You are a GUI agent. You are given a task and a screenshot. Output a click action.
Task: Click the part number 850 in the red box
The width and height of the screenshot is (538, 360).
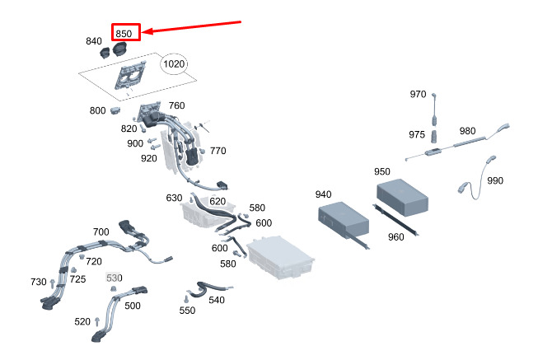tap(124, 34)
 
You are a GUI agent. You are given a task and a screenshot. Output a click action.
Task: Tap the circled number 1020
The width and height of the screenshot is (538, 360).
tap(174, 63)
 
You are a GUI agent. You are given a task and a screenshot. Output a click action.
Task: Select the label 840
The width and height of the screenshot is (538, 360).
tap(94, 41)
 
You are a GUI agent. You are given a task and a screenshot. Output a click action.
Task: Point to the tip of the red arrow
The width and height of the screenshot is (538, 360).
tap(142, 32)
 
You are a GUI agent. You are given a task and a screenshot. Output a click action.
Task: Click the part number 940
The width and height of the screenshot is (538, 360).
tap(323, 194)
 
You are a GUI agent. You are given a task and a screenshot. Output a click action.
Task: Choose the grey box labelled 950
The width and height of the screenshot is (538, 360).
tap(402, 197)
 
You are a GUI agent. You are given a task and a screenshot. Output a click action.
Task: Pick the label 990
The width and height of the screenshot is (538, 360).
tap(495, 180)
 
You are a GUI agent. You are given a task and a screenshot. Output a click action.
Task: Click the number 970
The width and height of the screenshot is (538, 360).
tap(418, 94)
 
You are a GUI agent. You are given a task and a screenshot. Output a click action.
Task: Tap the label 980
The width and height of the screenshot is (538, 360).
tap(468, 131)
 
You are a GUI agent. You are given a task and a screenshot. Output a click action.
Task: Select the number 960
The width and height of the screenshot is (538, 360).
tap(396, 236)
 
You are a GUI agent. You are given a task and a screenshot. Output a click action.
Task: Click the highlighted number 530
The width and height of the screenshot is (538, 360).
tap(115, 278)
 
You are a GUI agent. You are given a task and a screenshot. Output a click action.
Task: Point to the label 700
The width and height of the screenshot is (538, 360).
tap(101, 232)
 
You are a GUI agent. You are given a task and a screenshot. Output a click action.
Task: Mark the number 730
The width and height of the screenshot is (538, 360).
tap(39, 282)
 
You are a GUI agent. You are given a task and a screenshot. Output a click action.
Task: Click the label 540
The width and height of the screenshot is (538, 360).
tap(217, 300)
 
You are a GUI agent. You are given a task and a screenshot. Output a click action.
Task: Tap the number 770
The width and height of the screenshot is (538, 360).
tap(218, 151)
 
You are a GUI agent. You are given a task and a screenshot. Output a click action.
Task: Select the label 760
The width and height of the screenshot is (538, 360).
tap(176, 105)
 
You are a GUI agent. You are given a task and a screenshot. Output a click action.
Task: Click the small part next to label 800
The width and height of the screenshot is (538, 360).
tap(115, 110)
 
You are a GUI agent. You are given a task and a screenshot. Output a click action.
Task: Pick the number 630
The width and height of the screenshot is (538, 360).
tap(174, 198)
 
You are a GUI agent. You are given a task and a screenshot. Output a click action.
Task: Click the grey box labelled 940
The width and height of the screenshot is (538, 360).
tap(344, 220)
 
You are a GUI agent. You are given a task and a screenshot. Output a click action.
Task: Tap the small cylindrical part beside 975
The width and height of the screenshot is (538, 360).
tap(434, 136)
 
